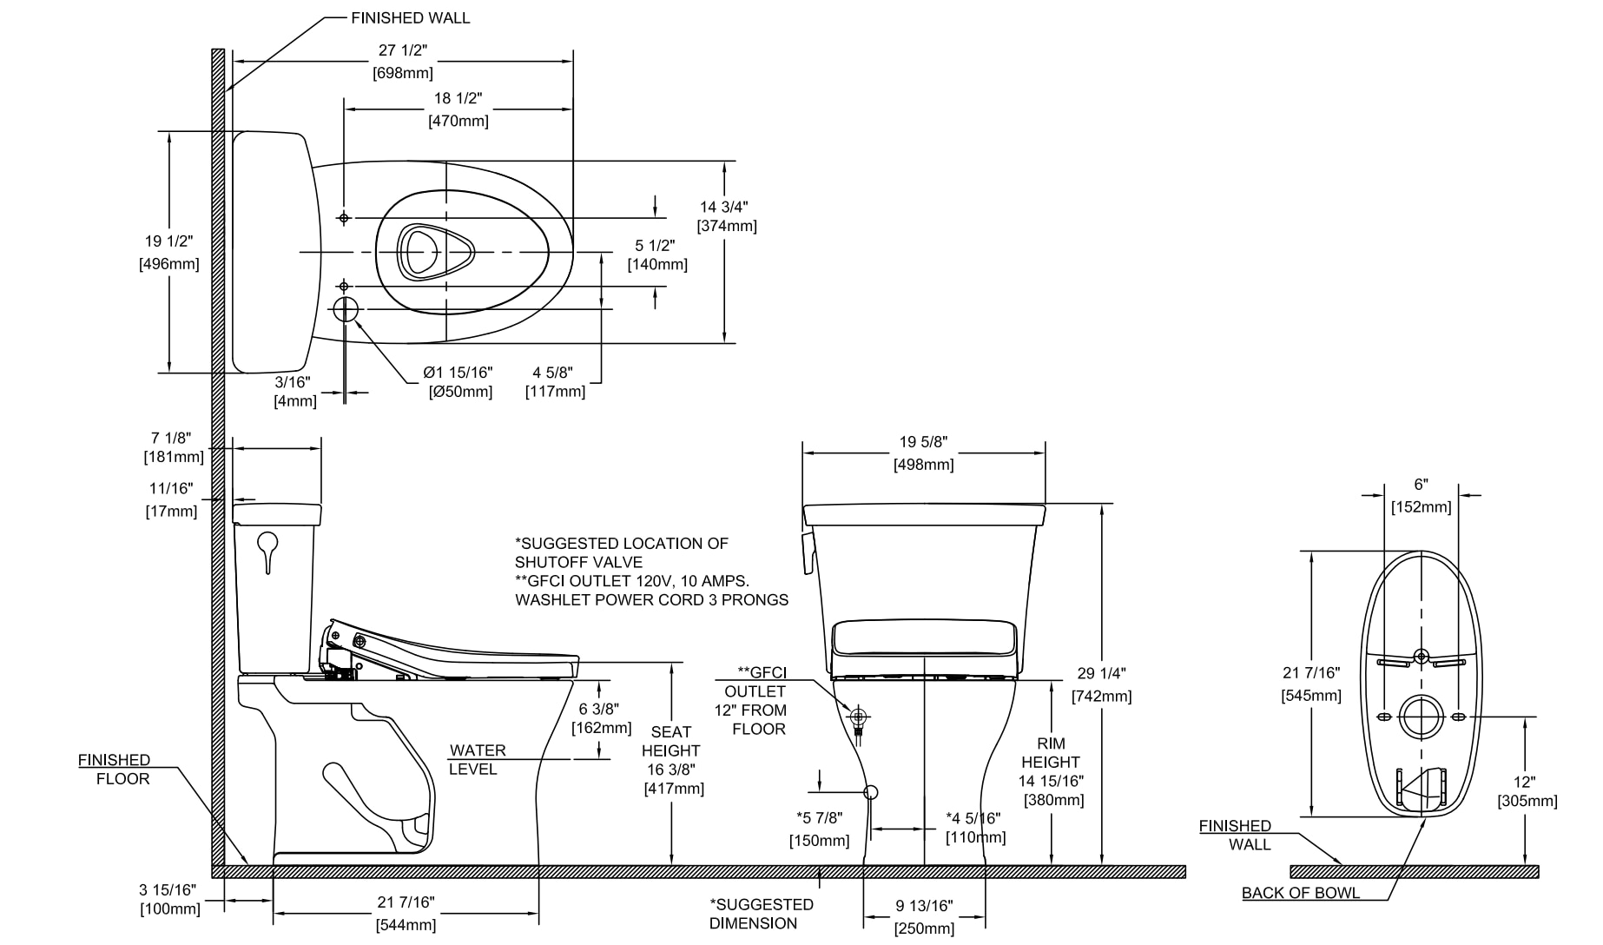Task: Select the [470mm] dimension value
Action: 458,121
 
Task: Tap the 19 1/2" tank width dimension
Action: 168,241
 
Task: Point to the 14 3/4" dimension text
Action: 724,207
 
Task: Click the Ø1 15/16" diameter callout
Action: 458,372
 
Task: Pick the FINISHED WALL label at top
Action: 411,17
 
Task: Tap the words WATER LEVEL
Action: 477,760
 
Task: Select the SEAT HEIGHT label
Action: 670,741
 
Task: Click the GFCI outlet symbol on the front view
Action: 860,717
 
